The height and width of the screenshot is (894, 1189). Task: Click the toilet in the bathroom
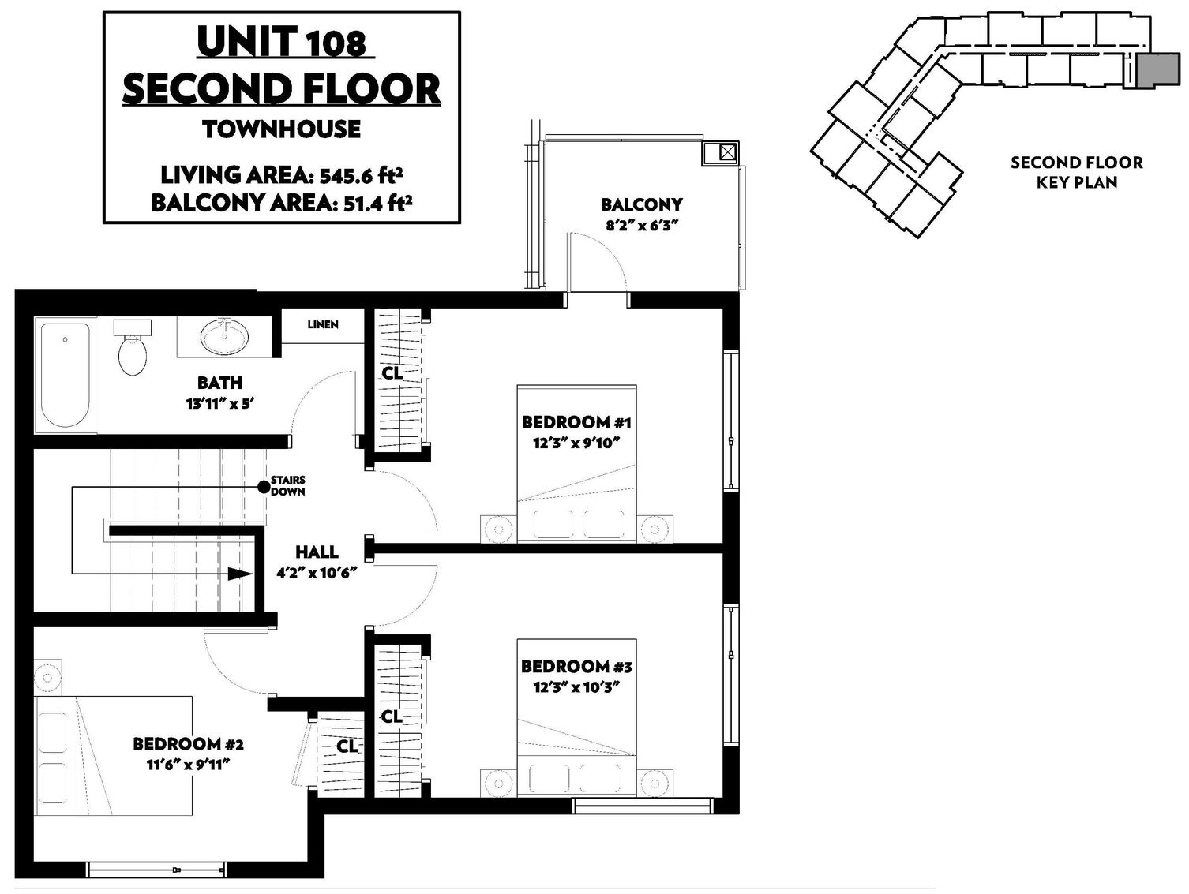[133, 347]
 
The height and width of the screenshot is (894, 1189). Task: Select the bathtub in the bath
[65, 376]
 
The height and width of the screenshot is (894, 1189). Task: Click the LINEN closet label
[323, 325]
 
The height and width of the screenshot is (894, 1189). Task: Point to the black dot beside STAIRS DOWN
[263, 487]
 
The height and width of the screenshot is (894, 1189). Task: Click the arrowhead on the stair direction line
[241, 574]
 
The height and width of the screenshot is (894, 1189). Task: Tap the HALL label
[317, 552]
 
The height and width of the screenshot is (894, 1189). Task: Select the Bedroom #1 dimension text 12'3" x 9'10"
[576, 443]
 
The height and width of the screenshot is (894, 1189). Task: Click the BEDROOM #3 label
[576, 666]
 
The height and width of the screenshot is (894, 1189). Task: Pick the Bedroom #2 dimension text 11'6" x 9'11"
[189, 765]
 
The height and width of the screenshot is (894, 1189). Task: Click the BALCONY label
[642, 204]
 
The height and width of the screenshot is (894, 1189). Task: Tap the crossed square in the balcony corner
[727, 152]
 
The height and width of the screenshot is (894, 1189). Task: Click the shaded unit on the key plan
[1157, 69]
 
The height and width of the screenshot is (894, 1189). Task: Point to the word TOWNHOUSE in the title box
[282, 129]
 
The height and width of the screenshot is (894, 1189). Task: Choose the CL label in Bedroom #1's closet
[392, 373]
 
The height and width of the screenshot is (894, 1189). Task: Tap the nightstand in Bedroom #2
[47, 677]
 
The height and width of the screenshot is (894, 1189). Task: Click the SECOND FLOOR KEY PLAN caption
[1077, 172]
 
